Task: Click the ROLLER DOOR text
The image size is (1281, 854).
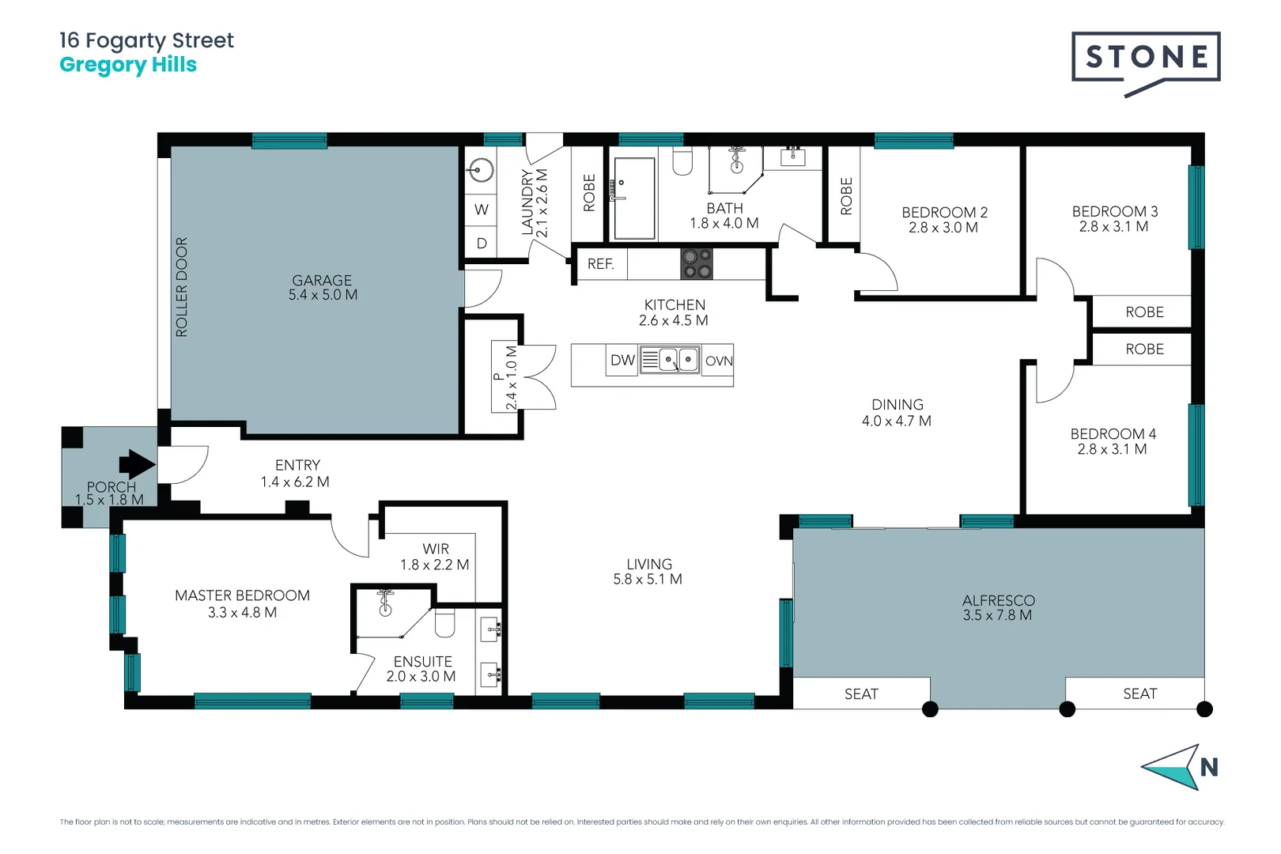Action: (x=182, y=287)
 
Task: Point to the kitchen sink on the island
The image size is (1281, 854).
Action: (x=669, y=361)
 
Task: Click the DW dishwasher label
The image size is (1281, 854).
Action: (x=622, y=361)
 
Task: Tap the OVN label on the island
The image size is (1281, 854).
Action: (x=718, y=361)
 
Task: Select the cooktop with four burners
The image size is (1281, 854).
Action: (x=697, y=264)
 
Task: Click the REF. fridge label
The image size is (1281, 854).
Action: (x=600, y=264)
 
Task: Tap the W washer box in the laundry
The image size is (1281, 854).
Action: (x=481, y=210)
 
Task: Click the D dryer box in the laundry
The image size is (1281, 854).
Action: (x=481, y=244)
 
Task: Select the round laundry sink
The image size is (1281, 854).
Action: (x=481, y=170)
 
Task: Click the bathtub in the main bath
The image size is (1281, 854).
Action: (x=634, y=198)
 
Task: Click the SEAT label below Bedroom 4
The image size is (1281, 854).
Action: (x=1139, y=693)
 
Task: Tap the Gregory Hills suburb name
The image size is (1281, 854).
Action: (x=128, y=65)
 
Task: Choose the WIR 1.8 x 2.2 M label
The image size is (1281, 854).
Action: (x=435, y=557)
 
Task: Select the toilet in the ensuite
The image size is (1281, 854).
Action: (x=445, y=623)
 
